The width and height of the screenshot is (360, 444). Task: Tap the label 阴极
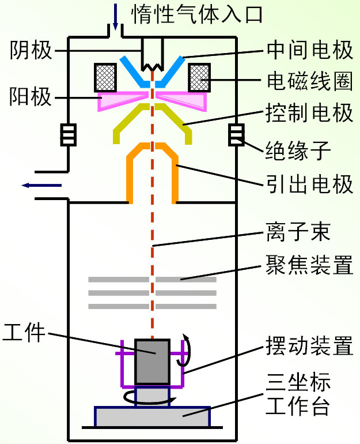pos(32,51)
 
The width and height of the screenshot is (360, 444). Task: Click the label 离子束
pos(298,234)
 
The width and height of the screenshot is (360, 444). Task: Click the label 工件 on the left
pos(24,332)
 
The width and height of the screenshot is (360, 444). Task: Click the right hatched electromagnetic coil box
pos(198,76)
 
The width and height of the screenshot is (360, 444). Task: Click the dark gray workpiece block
pos(152,361)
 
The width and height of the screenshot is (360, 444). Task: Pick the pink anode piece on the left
pos(121,101)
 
